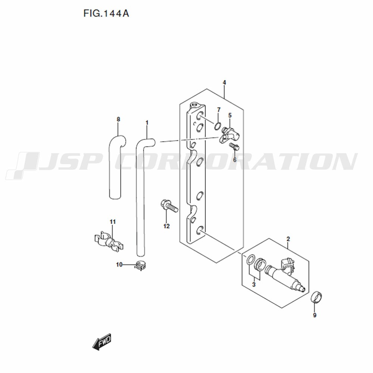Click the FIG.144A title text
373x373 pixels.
click(x=106, y=13)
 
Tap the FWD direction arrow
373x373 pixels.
click(x=102, y=342)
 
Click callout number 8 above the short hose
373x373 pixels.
click(x=119, y=119)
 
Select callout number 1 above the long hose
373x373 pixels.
click(x=147, y=123)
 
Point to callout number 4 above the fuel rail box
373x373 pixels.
click(x=224, y=82)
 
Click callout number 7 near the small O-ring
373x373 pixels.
click(x=219, y=110)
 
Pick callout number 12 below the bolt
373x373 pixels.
click(x=166, y=226)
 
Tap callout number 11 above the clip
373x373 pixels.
click(x=113, y=222)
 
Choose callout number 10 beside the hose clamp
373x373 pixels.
click(x=119, y=264)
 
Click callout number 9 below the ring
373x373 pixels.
click(x=315, y=316)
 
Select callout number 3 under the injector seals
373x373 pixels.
click(x=254, y=285)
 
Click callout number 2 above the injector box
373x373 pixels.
click(x=288, y=239)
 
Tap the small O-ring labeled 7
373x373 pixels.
click(x=218, y=126)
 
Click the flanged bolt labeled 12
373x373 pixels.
click(x=169, y=206)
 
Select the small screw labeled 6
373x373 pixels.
click(x=234, y=147)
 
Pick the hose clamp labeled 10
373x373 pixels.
click(x=141, y=266)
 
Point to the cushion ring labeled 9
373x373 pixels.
click(x=317, y=297)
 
